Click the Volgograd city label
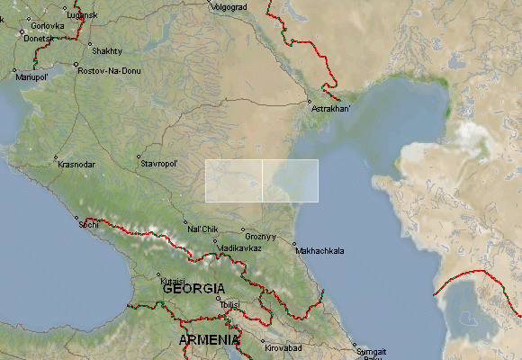228,7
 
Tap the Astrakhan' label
331,110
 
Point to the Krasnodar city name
76,165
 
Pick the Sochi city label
88,224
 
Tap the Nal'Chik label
202,229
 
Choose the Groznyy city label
260,238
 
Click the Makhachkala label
319,251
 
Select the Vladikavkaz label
239,247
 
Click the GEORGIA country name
193,289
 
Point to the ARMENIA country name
209,340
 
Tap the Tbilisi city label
229,306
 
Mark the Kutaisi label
173,281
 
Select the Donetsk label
39,40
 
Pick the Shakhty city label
106,51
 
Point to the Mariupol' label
30,76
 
